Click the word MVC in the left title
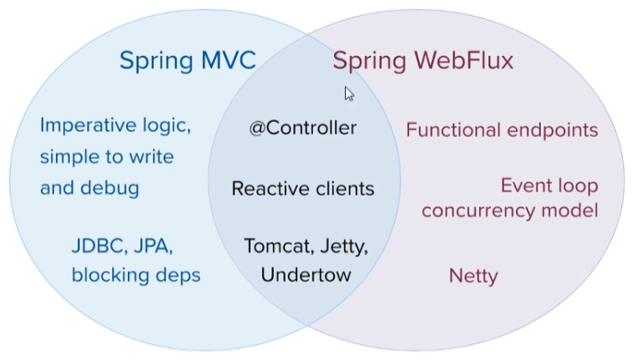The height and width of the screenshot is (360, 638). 228,60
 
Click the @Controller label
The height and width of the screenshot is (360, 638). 303,128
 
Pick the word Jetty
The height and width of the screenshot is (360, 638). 344,247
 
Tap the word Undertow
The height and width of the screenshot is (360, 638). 306,275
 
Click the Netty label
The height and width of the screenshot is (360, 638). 473,276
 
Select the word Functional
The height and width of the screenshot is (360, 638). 453,130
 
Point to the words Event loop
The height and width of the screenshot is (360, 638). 549,186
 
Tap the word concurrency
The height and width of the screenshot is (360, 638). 478,211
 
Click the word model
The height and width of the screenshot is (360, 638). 570,210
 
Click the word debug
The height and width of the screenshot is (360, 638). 109,188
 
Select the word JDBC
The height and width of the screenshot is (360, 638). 97,246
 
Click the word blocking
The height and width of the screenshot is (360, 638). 110,275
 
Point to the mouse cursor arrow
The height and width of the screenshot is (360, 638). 349,94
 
